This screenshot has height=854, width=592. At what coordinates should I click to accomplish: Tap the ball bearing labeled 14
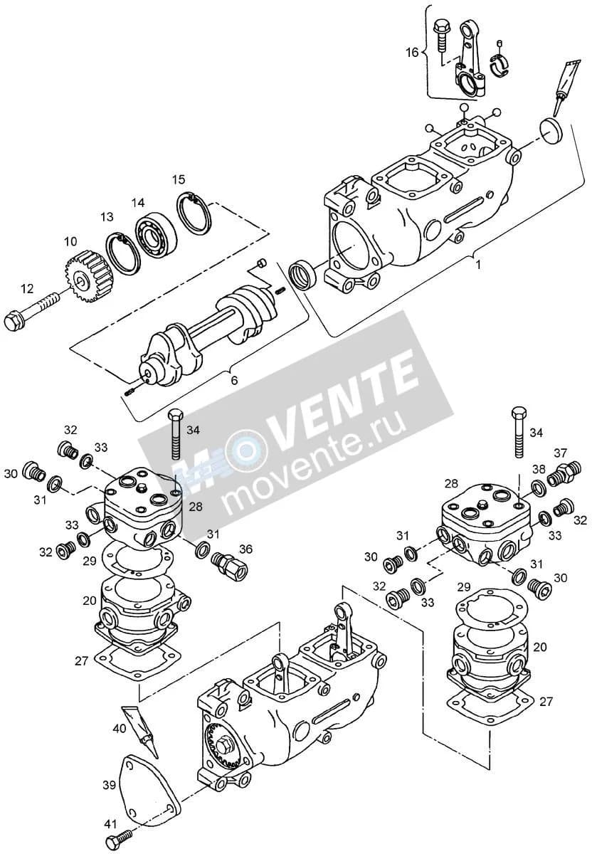click(157, 233)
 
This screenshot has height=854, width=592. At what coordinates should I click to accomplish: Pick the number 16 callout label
click(412, 52)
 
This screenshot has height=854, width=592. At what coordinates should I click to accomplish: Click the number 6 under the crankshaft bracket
click(234, 380)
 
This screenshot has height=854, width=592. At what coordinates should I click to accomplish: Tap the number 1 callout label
click(478, 264)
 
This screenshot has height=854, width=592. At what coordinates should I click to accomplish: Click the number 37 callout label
click(561, 453)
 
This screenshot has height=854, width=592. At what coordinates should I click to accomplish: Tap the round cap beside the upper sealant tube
click(551, 131)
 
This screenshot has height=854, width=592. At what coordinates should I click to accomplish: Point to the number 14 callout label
click(138, 203)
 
